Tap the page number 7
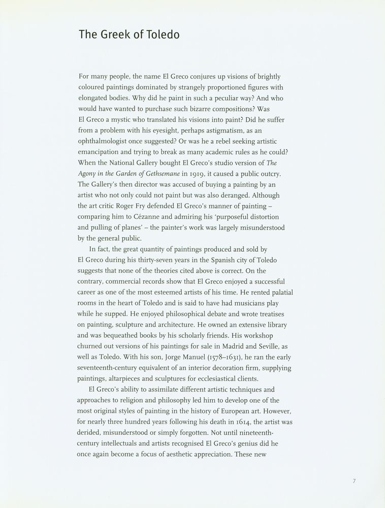(x=354, y=481)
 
